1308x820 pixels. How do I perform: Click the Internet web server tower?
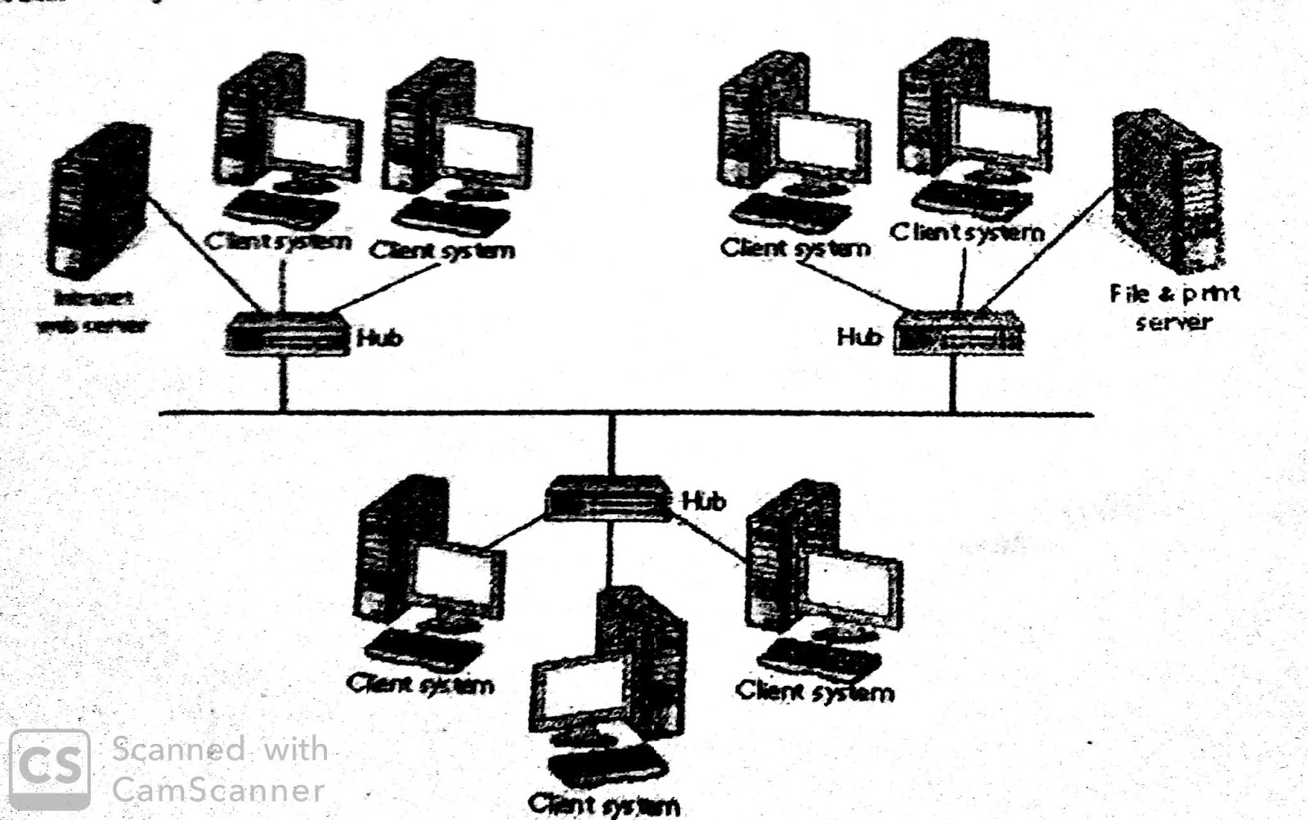click(x=98, y=200)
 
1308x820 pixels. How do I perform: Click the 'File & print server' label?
click(x=1174, y=307)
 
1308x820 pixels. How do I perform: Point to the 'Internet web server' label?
click(x=92, y=311)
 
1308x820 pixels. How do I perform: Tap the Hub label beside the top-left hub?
click(x=379, y=337)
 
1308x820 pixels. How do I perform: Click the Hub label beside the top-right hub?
click(x=859, y=336)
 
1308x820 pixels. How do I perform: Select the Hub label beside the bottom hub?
click(x=704, y=500)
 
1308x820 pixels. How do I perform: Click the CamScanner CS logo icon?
click(x=49, y=768)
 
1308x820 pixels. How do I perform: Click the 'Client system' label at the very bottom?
click(x=603, y=805)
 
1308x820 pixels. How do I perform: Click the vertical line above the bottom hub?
click(x=611, y=446)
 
